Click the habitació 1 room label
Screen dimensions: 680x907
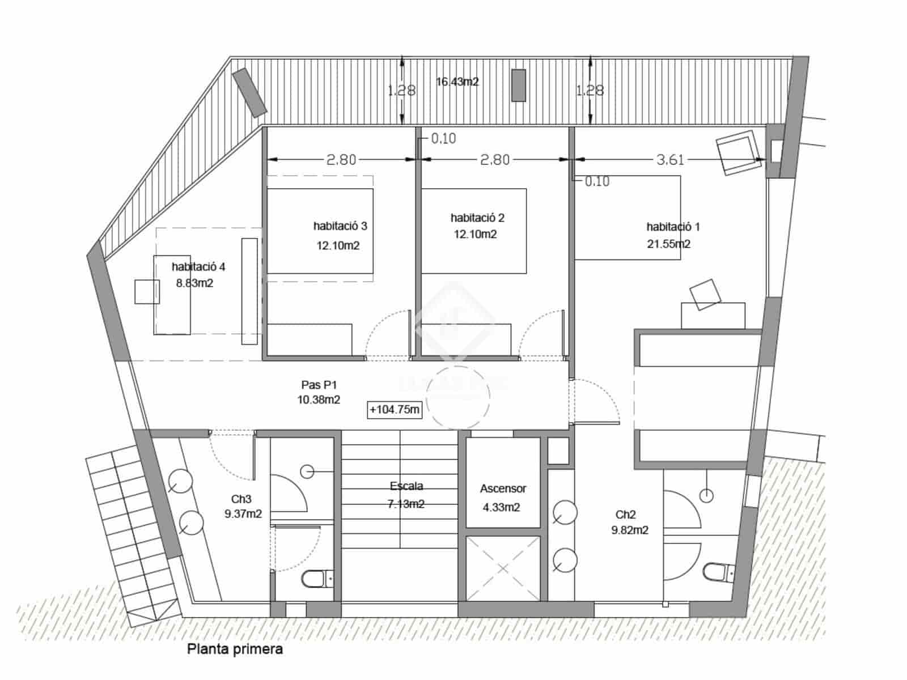(x=673, y=227)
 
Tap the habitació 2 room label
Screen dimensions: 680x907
(x=477, y=218)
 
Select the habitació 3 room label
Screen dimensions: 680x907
(x=340, y=226)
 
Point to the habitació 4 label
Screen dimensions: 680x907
(x=198, y=266)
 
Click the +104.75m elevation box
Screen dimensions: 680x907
(x=395, y=410)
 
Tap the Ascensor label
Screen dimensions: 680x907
(x=503, y=488)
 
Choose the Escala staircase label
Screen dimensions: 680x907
(x=406, y=486)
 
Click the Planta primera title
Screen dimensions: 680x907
(x=235, y=649)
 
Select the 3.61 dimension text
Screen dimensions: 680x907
(x=670, y=160)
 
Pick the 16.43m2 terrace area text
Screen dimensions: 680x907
(x=457, y=82)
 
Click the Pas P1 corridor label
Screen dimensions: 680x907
(x=319, y=385)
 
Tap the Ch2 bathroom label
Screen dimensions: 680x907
(x=625, y=515)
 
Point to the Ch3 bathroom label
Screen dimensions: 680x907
(x=241, y=499)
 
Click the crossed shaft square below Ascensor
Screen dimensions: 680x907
(x=503, y=568)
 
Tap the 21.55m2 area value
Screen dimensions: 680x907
(x=669, y=244)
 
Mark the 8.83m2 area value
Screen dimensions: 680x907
(x=194, y=283)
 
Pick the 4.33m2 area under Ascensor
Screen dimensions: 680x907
(x=501, y=508)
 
